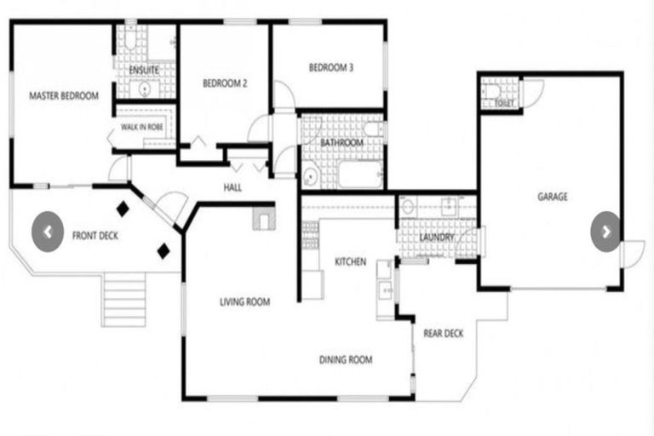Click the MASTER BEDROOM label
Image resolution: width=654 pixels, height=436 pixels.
pos(64,96)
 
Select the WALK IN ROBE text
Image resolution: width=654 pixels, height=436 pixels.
pos(142,127)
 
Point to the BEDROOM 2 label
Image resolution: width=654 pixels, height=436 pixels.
pos(225,83)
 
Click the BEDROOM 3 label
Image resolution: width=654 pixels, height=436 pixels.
pos(330,67)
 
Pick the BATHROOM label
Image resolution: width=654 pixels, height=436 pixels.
pos(341,143)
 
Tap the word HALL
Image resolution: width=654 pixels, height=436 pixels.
pos(232,187)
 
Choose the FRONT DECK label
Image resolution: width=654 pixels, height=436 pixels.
pos(95,236)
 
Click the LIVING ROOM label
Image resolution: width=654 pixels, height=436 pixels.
pos(244,301)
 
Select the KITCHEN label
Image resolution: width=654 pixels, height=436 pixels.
pos(350,261)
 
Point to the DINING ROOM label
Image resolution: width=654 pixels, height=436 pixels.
pos(346,360)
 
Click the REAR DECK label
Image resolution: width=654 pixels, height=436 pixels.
pos(443,333)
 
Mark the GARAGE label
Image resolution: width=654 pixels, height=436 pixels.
pos(552,197)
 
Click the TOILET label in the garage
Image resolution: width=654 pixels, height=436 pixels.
pos(504,103)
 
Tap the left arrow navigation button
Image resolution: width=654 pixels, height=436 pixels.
pos(49,231)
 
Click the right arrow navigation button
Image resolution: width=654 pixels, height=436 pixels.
pos(605,231)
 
